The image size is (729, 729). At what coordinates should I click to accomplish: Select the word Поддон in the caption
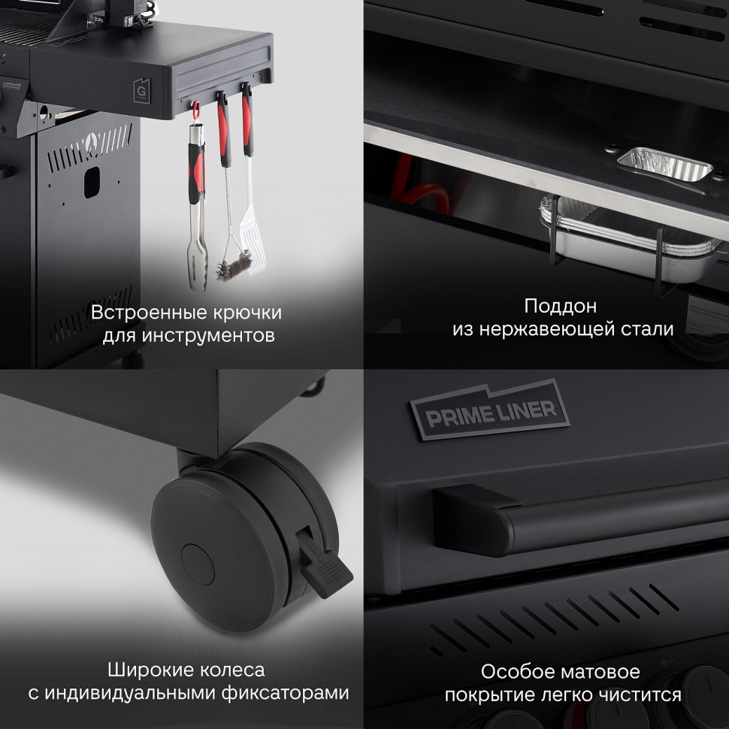(560, 306)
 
